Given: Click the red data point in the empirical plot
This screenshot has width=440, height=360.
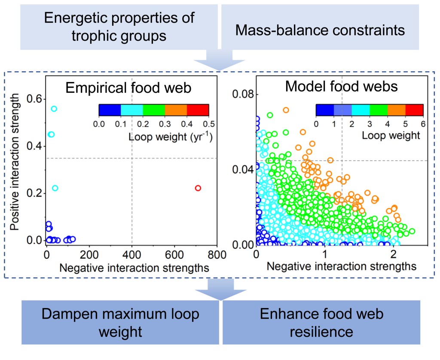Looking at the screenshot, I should coord(198,188).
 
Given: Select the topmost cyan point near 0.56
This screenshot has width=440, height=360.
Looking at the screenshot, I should coord(54,109).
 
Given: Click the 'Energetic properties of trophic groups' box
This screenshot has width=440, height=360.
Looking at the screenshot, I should coord(119,27).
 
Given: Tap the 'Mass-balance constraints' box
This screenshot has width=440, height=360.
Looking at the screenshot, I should coord(320,31).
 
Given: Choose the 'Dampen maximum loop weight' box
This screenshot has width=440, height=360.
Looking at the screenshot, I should coord(120,323).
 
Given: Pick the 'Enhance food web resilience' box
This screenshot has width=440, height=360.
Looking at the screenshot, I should coord(321,323).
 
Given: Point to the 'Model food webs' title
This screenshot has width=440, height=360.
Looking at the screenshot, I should coord(341,86).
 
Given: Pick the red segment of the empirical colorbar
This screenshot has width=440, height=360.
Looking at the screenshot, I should coord(198,110).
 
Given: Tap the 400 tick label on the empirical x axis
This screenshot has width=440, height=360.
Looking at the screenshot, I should coord(132,254).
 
